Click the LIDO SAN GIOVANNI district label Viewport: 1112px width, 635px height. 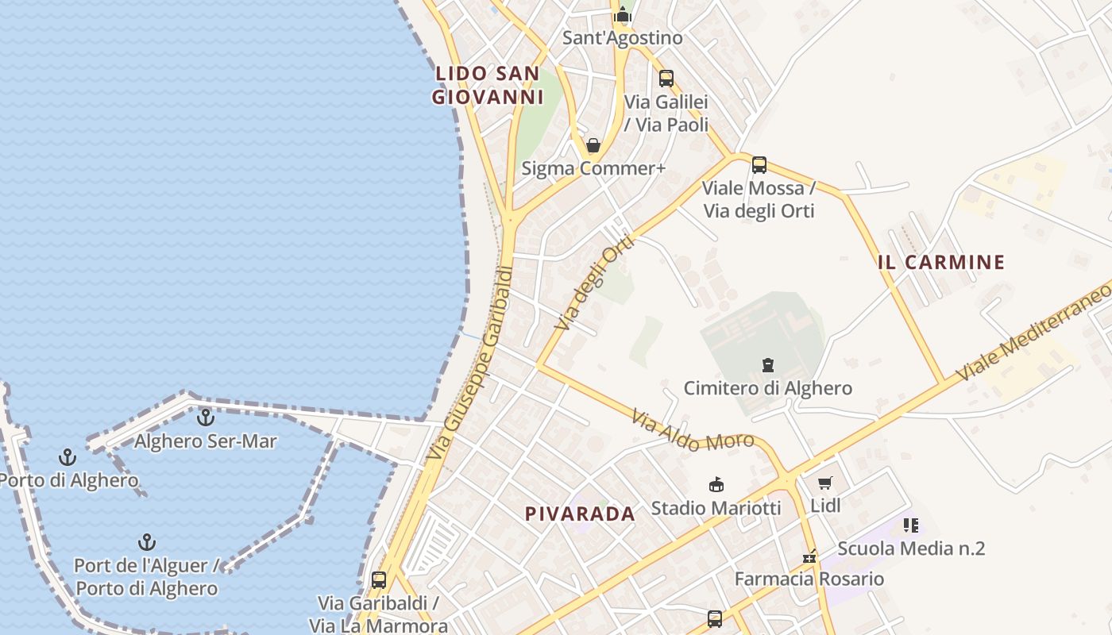pyautogui.click(x=488, y=86)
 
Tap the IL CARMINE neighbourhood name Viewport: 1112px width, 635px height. pyautogui.click(x=941, y=262)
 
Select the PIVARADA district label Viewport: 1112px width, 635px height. pyautogui.click(x=580, y=514)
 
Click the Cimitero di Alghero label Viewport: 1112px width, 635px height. pyautogui.click(x=767, y=388)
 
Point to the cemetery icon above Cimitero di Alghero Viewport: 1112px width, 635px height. pyautogui.click(x=768, y=365)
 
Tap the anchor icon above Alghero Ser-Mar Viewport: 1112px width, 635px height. pyautogui.click(x=206, y=416)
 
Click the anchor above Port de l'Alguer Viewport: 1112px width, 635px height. pyautogui.click(x=147, y=543)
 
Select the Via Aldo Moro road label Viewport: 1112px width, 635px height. pyautogui.click(x=693, y=430)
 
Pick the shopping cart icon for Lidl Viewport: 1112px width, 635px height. pyautogui.click(x=825, y=483)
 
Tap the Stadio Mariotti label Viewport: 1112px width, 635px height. pyautogui.click(x=716, y=508)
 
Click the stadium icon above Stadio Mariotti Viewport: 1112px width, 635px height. pyautogui.click(x=716, y=484)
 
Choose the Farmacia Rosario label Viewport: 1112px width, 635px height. pyautogui.click(x=809, y=579)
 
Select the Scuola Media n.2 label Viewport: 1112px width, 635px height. pyautogui.click(x=911, y=548)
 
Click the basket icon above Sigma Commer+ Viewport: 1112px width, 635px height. pyautogui.click(x=593, y=145)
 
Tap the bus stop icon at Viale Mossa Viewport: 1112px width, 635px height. pyautogui.click(x=759, y=165)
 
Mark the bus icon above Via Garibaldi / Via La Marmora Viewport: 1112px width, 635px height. pyautogui.click(x=379, y=579)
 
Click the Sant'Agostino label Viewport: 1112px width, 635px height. pyautogui.click(x=622, y=37)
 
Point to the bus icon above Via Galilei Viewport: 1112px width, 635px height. pyautogui.click(x=666, y=79)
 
